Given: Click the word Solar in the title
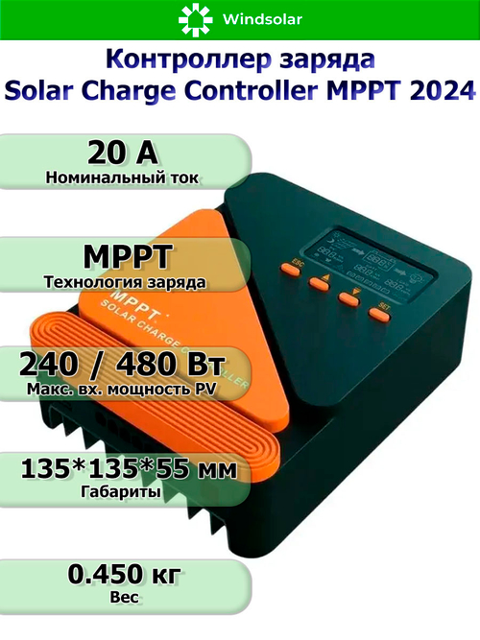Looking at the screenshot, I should coord(41,91).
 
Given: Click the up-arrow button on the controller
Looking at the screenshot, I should coord(319,281).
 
